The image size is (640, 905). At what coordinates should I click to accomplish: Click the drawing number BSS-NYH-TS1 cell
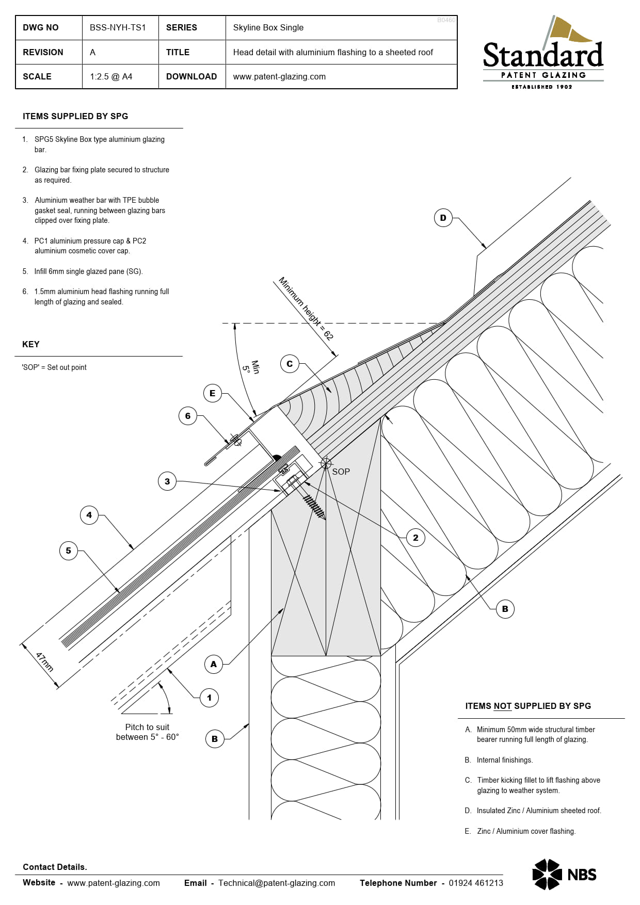(118, 27)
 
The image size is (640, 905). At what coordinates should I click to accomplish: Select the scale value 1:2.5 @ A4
(111, 76)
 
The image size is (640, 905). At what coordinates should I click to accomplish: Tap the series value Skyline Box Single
(268, 27)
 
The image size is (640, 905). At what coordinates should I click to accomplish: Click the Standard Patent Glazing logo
(543, 54)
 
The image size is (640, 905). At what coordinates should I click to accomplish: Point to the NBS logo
(564, 874)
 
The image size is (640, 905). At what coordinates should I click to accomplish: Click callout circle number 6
(188, 416)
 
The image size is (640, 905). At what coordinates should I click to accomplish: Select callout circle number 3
(167, 481)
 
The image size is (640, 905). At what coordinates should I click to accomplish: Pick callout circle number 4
(89, 515)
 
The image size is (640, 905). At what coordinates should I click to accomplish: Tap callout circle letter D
(443, 218)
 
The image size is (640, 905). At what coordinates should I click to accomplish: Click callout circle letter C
(290, 364)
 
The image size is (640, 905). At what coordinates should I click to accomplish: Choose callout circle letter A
(214, 664)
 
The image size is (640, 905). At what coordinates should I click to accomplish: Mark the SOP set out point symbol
(326, 463)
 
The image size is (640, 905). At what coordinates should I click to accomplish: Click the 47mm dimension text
(44, 662)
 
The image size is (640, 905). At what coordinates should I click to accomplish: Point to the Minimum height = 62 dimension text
(306, 309)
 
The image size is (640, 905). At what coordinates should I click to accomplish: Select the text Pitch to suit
(147, 727)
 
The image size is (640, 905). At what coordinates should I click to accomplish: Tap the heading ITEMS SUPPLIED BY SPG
(75, 116)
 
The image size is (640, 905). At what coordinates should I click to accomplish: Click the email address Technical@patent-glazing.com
(276, 883)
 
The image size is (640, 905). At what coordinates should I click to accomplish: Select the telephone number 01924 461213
(475, 883)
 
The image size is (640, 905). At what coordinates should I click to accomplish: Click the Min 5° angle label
(251, 367)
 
